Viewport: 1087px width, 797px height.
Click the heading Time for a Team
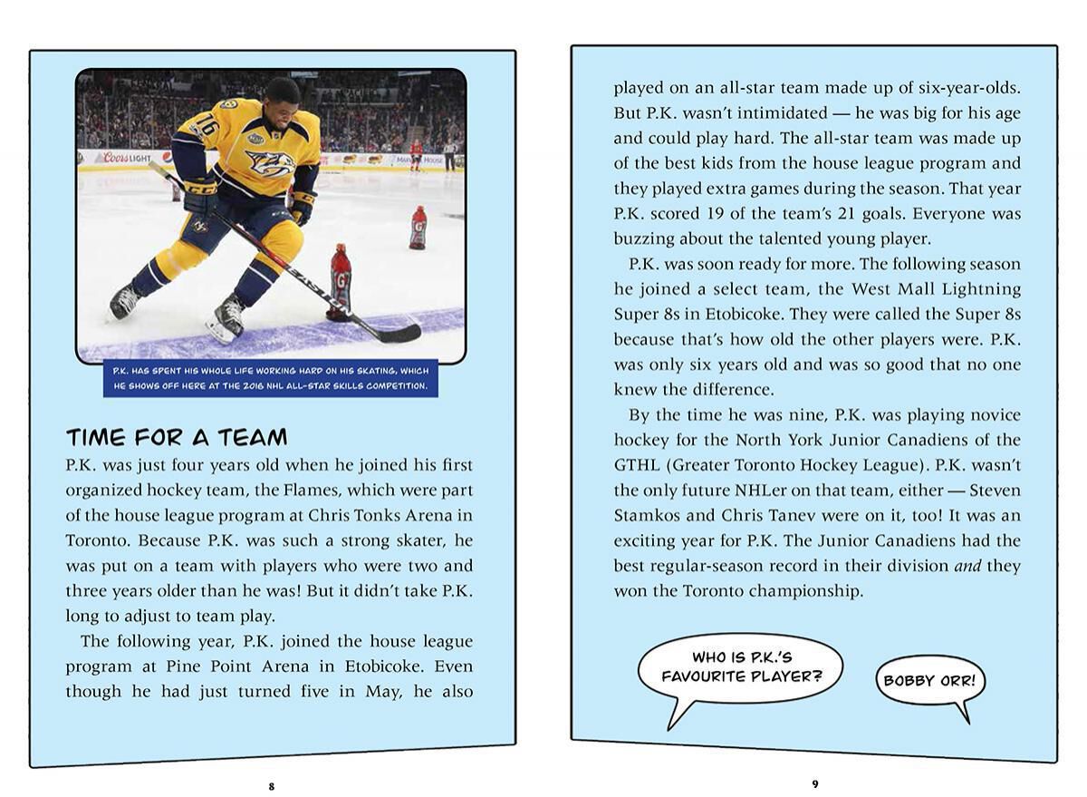tap(177, 438)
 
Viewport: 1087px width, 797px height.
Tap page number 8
tap(272, 786)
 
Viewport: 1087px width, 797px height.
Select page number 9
tap(814, 783)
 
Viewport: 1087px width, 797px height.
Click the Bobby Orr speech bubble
tap(929, 681)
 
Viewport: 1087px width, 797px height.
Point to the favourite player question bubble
tap(739, 666)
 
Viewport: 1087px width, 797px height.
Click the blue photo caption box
tap(270, 378)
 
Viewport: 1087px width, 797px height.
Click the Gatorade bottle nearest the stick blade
tap(341, 280)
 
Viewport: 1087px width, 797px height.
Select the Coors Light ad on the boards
tap(127, 158)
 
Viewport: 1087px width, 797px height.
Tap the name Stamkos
tap(649, 516)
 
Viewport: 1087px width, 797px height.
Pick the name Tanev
tap(816, 516)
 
